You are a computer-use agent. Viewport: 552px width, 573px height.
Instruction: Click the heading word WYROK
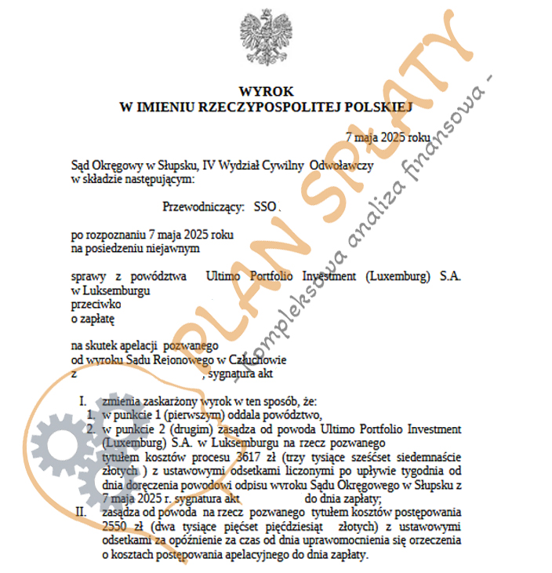point(266,92)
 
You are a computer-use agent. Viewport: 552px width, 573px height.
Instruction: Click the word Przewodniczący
point(203,207)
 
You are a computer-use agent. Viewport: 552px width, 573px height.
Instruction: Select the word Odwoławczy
point(343,166)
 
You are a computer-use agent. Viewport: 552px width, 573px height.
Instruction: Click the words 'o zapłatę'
point(93,319)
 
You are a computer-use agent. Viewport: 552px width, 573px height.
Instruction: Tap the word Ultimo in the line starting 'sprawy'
point(221,277)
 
